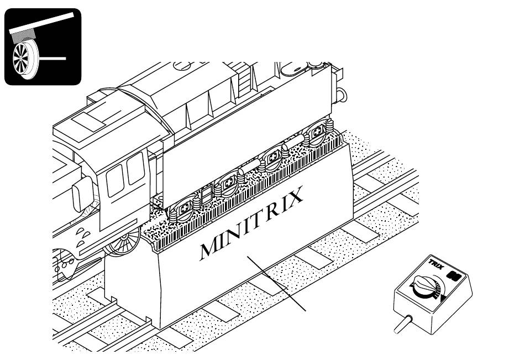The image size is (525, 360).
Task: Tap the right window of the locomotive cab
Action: [x=134, y=173]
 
